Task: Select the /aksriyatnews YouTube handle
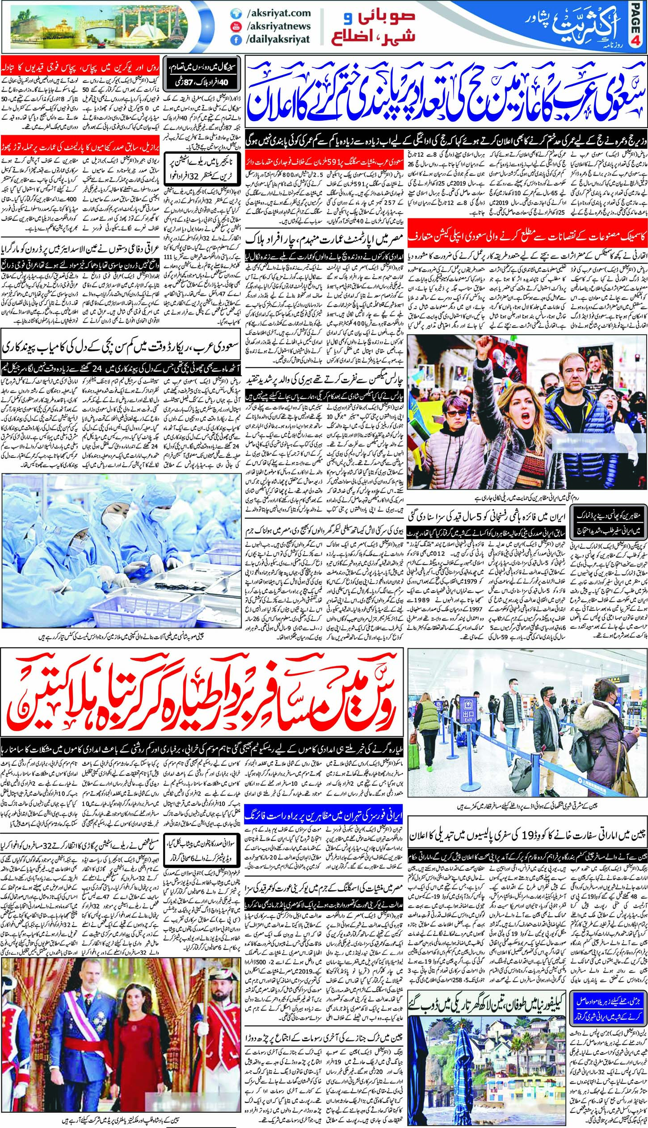[x=278, y=27]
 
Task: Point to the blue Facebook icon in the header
[x=233, y=40]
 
